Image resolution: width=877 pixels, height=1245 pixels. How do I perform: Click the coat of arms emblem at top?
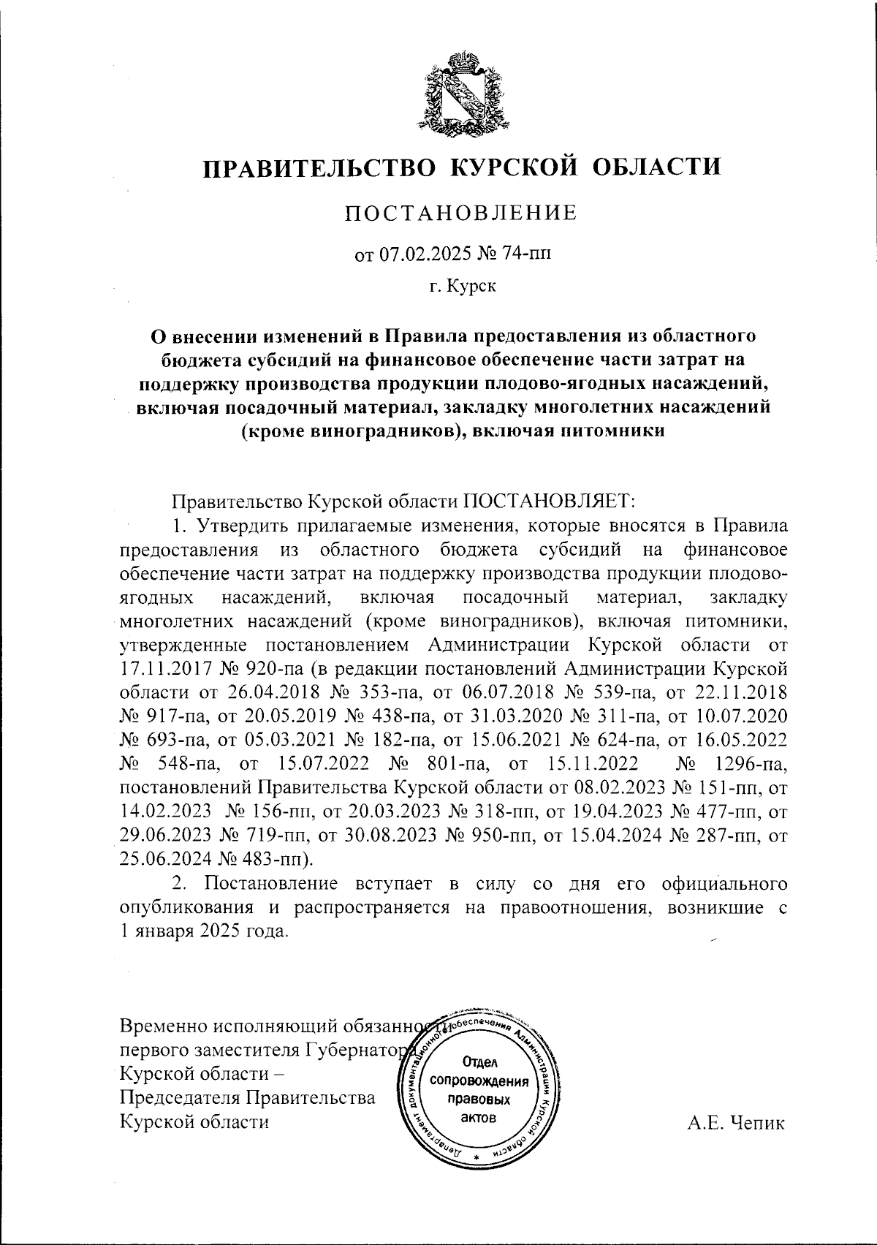[459, 93]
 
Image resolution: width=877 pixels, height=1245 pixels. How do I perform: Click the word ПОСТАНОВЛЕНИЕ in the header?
[460, 213]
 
